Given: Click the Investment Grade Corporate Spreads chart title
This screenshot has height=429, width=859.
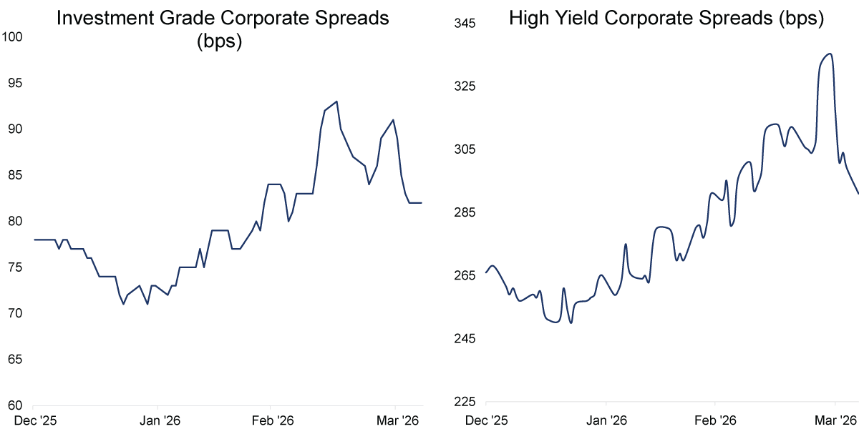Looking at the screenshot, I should pyautogui.click(x=223, y=19).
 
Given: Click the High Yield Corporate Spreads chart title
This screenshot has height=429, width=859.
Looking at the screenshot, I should pyautogui.click(x=666, y=19).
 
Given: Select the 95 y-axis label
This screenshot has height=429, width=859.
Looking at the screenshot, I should pyautogui.click(x=16, y=83).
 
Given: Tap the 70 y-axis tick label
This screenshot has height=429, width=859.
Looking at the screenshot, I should pyautogui.click(x=16, y=313).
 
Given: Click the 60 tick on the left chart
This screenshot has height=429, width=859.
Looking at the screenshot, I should pyautogui.click(x=16, y=405).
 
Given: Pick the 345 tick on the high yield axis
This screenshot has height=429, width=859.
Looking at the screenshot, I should pyautogui.click(x=465, y=24).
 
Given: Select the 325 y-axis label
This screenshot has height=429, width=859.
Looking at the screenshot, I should pyautogui.click(x=465, y=87).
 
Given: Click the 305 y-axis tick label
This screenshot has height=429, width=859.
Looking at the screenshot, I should pyautogui.click(x=465, y=149).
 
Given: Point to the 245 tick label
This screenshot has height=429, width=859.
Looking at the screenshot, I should pyautogui.click(x=465, y=338).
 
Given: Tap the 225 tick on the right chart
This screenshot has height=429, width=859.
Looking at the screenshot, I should pyautogui.click(x=465, y=401).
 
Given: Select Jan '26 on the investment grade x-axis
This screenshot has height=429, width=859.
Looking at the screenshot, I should pyautogui.click(x=159, y=420).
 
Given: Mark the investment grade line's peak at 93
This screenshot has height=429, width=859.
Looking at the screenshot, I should pyautogui.click(x=336, y=102).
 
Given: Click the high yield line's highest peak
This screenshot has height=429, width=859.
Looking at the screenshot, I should pyautogui.click(x=830, y=54).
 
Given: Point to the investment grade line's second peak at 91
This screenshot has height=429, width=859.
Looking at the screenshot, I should pyautogui.click(x=393, y=120).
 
